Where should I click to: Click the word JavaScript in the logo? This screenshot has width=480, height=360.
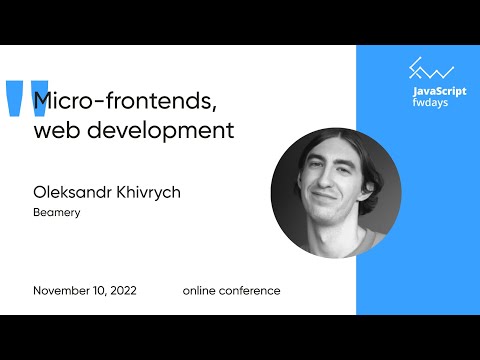tap(439, 91)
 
